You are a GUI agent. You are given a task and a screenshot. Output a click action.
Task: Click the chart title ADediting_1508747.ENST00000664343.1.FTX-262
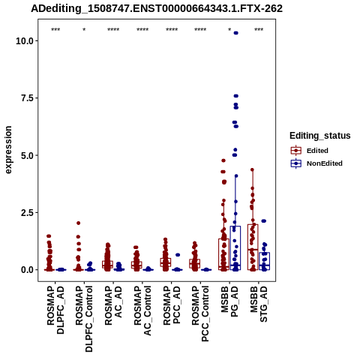point(157,8)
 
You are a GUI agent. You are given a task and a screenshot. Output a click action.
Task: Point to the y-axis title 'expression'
point(8,150)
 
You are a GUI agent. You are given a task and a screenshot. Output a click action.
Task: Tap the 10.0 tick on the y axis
point(25,40)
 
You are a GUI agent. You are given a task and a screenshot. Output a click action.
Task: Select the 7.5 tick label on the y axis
point(27,98)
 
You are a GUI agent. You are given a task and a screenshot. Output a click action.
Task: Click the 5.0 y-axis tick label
point(27,155)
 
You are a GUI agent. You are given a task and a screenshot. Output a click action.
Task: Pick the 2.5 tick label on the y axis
point(27,212)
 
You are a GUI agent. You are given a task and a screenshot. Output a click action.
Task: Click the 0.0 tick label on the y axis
point(27,270)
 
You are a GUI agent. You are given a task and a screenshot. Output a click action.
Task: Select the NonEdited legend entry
point(316,163)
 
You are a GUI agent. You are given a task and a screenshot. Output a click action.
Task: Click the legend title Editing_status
point(320,136)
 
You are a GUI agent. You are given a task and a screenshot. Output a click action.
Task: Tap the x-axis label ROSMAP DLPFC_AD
point(55,310)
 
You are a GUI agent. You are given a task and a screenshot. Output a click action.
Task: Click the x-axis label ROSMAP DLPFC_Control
point(84,319)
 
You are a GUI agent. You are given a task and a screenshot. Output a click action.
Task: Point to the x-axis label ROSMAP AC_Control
point(142,310)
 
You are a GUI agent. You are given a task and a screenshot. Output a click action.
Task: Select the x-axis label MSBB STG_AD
point(259,304)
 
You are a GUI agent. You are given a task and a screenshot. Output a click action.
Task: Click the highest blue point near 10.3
point(235,33)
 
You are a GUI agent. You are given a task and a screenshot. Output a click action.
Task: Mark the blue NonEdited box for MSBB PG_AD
point(235,247)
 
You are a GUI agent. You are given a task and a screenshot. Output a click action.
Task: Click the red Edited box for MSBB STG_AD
point(253,247)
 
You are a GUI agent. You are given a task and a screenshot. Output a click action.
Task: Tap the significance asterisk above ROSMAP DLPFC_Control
point(84,30)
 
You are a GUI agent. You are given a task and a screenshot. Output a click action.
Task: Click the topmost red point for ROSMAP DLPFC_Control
point(78,223)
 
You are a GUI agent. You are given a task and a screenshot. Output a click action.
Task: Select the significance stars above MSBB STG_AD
point(259,30)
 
